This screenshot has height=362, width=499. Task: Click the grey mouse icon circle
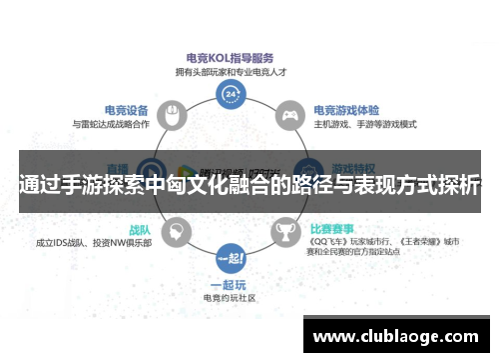(172, 115)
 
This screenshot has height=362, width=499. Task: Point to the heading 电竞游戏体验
(346, 110)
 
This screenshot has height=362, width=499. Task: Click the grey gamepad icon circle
(290, 114)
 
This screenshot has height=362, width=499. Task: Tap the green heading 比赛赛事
(333, 229)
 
